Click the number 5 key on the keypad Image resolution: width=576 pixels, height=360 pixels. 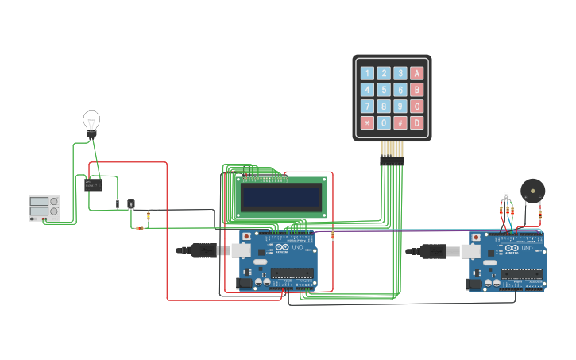tap(384, 90)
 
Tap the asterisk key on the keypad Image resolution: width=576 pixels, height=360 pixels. tap(367, 122)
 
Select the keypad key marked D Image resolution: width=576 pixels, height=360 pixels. tap(416, 122)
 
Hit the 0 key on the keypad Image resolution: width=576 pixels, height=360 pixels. tap(384, 122)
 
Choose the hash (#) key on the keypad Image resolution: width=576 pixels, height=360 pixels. tap(400, 122)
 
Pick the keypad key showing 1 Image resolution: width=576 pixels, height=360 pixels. tap(367, 73)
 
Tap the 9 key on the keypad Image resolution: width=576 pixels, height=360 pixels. tap(400, 106)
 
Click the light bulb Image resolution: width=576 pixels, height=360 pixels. tap(91, 122)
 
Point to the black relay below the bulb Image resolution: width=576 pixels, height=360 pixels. tap(93, 185)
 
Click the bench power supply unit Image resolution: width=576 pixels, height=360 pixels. tap(44, 208)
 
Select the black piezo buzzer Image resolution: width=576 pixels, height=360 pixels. tap(532, 191)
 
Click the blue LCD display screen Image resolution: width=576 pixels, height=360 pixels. tap(281, 198)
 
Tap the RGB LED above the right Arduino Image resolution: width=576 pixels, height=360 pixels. tap(506, 195)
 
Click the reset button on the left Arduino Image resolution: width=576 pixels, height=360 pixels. tap(246, 236)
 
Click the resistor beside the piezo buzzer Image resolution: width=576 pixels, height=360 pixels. tap(540, 213)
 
